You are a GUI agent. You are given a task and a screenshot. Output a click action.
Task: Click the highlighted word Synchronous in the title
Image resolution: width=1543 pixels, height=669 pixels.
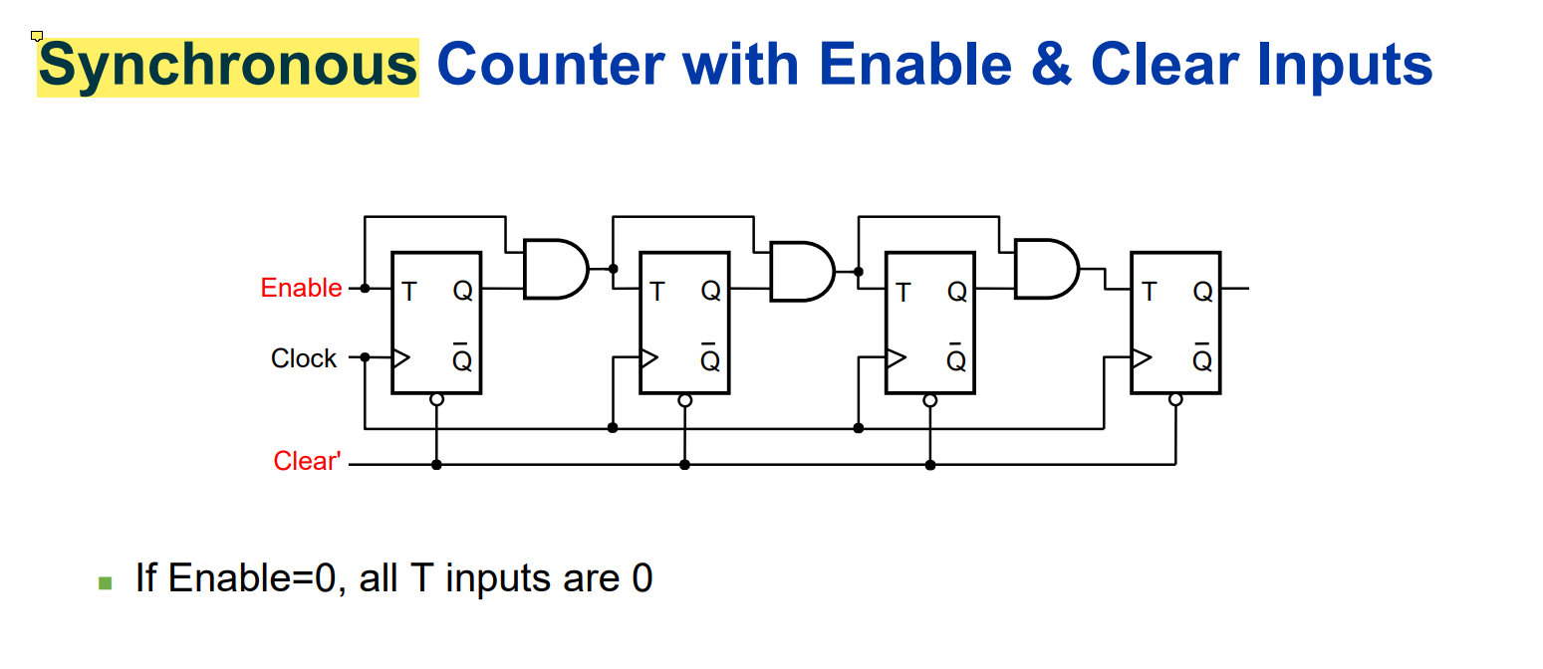click(227, 66)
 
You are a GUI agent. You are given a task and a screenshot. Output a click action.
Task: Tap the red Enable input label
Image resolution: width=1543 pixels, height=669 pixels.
click(301, 289)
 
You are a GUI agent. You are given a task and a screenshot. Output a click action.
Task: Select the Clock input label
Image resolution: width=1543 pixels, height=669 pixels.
click(304, 358)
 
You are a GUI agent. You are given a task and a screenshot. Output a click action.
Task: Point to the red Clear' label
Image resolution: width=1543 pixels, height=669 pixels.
click(307, 462)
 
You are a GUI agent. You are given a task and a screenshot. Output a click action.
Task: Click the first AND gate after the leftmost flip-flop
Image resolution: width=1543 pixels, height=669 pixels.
click(554, 269)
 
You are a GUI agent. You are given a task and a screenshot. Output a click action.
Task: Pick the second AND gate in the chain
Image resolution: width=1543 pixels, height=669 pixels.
click(801, 271)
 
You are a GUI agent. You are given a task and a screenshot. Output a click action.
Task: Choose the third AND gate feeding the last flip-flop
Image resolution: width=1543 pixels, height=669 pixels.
click(1045, 269)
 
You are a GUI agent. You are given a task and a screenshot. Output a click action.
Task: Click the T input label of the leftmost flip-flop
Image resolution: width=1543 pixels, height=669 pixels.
click(409, 292)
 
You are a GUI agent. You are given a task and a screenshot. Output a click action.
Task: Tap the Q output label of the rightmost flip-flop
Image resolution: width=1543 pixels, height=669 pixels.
click(1202, 292)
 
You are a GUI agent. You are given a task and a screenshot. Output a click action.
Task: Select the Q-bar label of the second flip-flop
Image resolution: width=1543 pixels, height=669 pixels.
click(709, 359)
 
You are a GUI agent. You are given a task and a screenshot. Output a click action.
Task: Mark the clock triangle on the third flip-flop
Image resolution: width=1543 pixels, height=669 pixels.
click(895, 357)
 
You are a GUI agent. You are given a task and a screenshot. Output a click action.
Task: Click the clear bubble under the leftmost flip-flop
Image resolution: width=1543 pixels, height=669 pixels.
click(435, 400)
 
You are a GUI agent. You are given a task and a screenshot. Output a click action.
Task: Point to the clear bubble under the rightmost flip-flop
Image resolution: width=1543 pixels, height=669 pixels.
click(1175, 400)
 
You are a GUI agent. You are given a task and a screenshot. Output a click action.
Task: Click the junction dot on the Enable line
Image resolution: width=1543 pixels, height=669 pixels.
click(366, 289)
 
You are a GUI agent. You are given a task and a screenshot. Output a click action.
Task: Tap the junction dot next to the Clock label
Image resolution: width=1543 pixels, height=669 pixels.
click(366, 357)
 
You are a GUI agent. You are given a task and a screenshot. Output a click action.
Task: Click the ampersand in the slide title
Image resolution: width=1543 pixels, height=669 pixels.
click(1048, 66)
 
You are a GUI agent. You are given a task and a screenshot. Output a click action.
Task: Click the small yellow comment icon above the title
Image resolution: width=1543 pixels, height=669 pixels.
click(37, 37)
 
